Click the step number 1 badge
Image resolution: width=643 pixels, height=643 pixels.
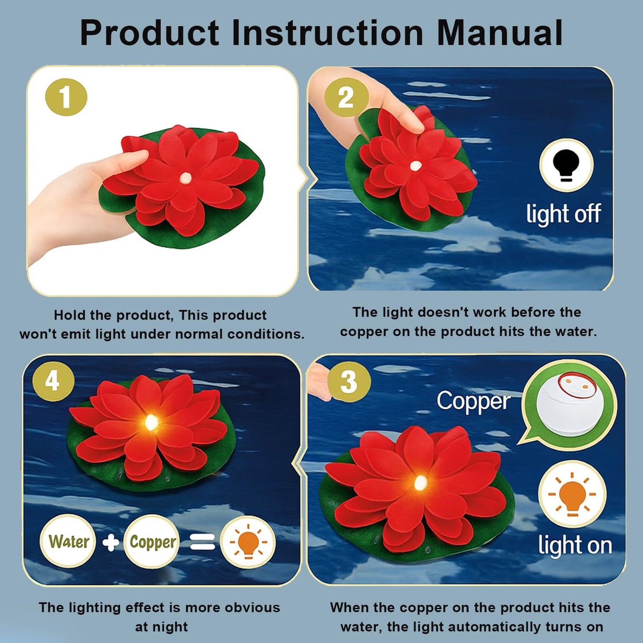66,97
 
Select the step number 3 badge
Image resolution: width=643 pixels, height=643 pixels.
349,381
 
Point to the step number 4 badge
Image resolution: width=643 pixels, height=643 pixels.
53,381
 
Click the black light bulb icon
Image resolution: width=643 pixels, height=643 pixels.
566,165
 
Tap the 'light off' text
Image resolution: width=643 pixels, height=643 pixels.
564,214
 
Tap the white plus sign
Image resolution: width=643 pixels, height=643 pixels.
110,542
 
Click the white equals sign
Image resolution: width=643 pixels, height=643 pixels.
202,542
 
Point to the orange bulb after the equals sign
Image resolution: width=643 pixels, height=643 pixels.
248,542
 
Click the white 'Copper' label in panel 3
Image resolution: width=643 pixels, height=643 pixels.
473,401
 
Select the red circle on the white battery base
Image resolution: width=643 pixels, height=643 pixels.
577,385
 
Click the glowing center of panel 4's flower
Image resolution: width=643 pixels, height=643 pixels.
151,422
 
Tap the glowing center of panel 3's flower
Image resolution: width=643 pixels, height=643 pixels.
421,482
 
